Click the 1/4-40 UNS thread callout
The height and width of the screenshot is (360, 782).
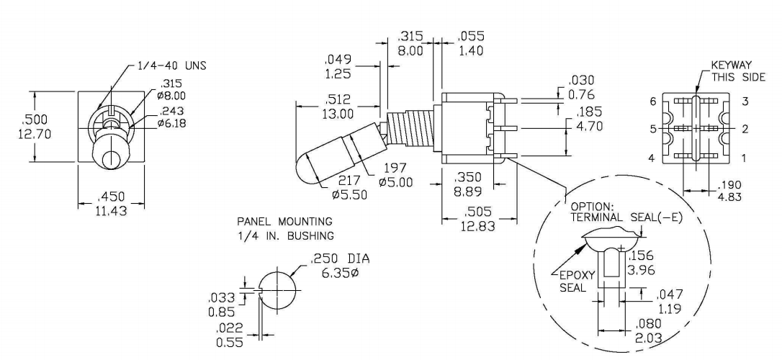[x=171, y=66]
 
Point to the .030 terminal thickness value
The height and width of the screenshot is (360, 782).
[x=581, y=81]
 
